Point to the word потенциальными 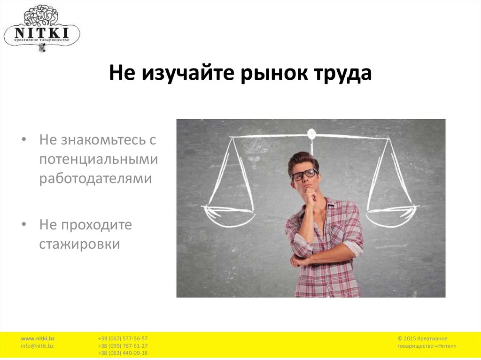[x=99, y=160]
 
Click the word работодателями [x=96, y=179]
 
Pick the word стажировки [x=80, y=245]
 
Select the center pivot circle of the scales [x=311, y=134]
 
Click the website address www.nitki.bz [x=38, y=338]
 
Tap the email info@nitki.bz [x=37, y=346]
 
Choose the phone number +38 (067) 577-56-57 [x=123, y=338]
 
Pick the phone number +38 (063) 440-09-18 [x=123, y=353]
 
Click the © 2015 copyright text [x=422, y=338]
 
